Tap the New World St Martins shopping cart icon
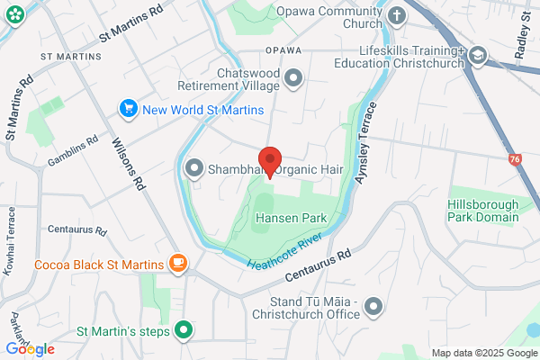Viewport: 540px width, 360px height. [129, 110]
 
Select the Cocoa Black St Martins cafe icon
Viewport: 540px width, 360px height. [178, 265]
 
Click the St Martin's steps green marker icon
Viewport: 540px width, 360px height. [184, 330]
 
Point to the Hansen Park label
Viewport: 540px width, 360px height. [289, 219]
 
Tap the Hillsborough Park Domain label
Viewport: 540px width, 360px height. [483, 211]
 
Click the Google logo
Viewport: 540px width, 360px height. [30, 349]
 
